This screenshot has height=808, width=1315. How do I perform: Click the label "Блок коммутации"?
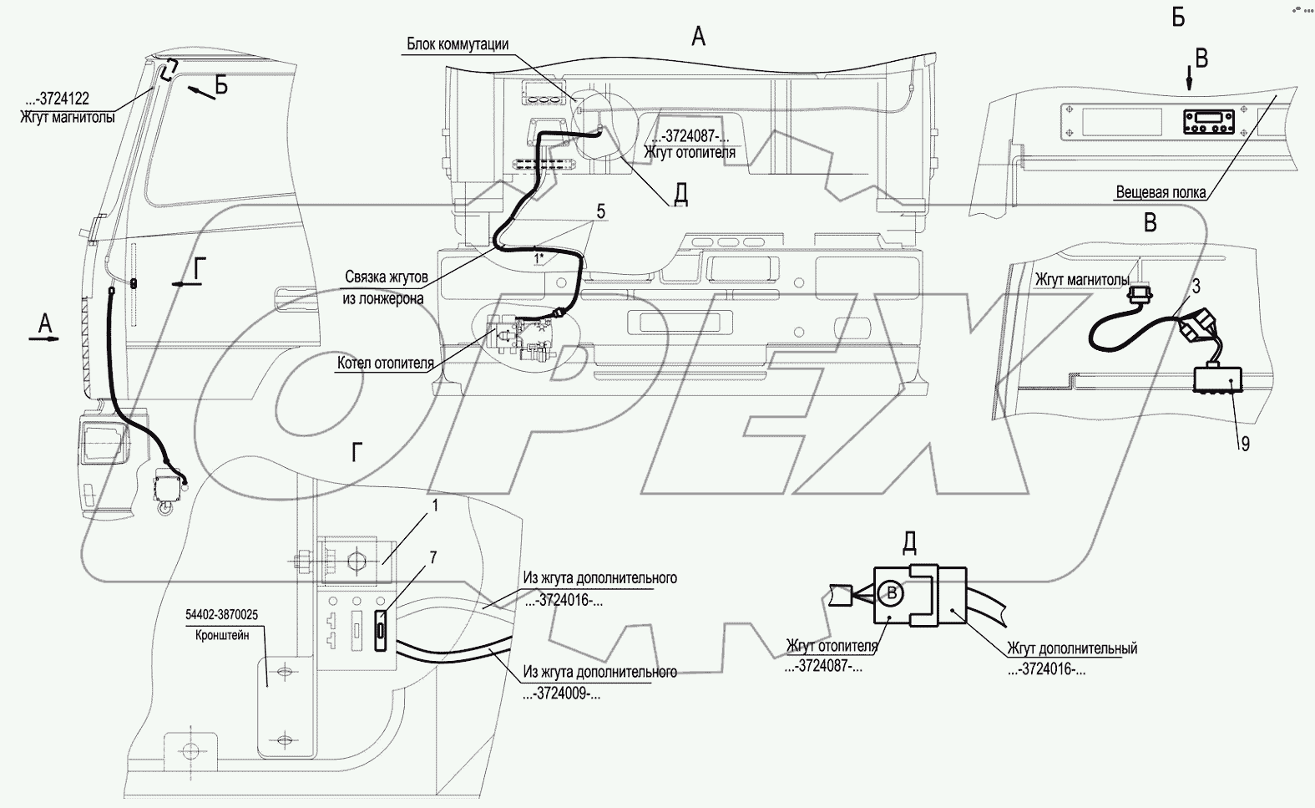458,44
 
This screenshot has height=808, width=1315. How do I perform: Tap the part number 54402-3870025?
221,615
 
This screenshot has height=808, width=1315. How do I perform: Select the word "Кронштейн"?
222,635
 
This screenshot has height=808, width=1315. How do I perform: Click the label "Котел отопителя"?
385,363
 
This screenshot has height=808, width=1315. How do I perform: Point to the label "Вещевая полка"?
1161,192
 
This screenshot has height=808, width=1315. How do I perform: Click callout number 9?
1245,445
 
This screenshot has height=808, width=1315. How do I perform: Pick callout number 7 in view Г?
433,557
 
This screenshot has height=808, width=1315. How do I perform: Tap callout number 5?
600,211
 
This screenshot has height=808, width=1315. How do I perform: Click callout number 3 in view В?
1196,286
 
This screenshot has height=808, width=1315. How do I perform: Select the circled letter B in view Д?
892,593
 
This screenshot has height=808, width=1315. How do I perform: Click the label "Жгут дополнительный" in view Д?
1072,648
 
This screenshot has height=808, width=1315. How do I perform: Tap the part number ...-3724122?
57,98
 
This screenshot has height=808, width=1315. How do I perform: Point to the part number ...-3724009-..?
561,694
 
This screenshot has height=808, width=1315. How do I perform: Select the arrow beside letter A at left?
44,339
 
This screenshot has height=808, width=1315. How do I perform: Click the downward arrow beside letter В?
1189,79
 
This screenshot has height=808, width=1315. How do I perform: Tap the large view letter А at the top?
698,37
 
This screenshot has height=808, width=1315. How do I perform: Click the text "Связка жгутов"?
387,277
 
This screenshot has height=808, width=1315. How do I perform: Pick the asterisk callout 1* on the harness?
539,257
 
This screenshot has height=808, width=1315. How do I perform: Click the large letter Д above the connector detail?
908,543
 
